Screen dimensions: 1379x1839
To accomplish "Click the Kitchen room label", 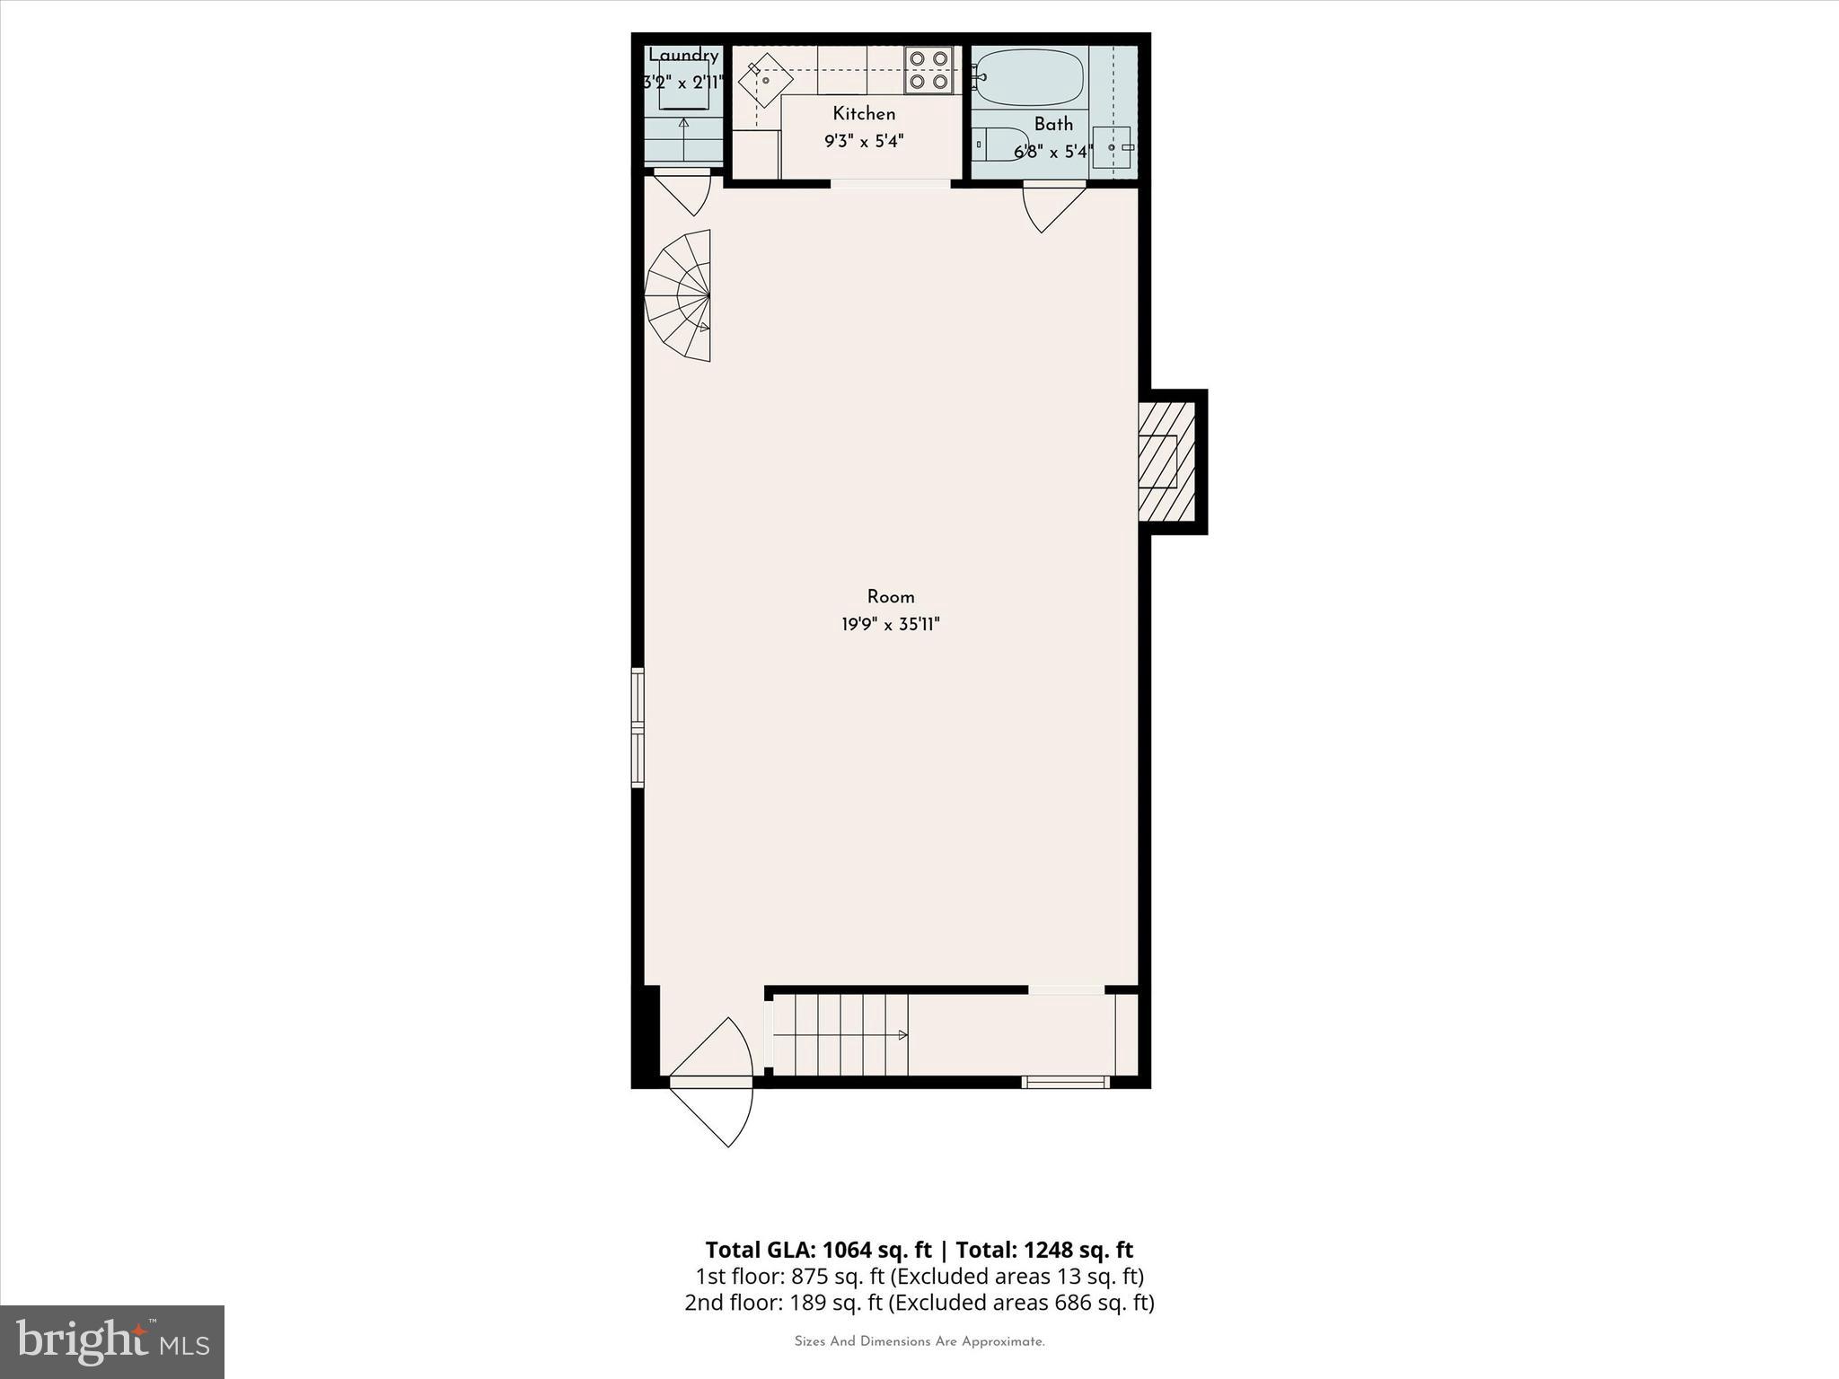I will pyautogui.click(x=864, y=114).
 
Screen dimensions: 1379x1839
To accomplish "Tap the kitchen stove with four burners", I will pyautogui.click(x=928, y=70).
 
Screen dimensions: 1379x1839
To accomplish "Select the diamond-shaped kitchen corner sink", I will pyautogui.click(x=765, y=80).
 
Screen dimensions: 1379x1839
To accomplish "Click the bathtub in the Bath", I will pyautogui.click(x=1029, y=77).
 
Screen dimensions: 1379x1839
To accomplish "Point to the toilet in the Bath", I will pyautogui.click(x=999, y=144).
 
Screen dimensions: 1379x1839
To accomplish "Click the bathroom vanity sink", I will pyautogui.click(x=1112, y=147).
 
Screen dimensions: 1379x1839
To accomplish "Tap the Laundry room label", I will pyautogui.click(x=684, y=56).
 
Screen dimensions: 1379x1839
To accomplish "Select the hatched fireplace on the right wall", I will pyautogui.click(x=1166, y=461).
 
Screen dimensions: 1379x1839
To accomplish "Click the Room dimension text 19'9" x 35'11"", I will pyautogui.click(x=890, y=625).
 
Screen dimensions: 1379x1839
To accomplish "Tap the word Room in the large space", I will pyautogui.click(x=891, y=597).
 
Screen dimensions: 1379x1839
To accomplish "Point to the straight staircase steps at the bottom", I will pyautogui.click(x=840, y=1034).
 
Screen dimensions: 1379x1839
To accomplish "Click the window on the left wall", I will pyautogui.click(x=638, y=727).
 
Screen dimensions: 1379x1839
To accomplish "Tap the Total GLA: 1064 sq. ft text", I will pyautogui.click(x=818, y=1250).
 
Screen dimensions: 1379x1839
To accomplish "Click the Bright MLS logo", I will pyautogui.click(x=112, y=1341).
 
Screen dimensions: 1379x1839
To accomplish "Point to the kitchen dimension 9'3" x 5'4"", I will pyautogui.click(x=864, y=141).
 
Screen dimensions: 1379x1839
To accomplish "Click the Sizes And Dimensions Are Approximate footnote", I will pyautogui.click(x=919, y=1341).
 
